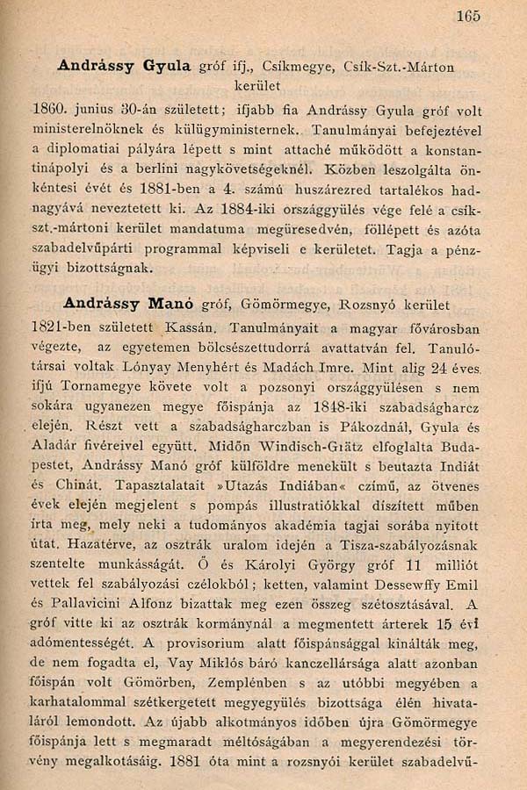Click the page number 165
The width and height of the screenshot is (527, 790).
(x=468, y=15)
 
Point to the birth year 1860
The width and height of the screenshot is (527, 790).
(x=49, y=111)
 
